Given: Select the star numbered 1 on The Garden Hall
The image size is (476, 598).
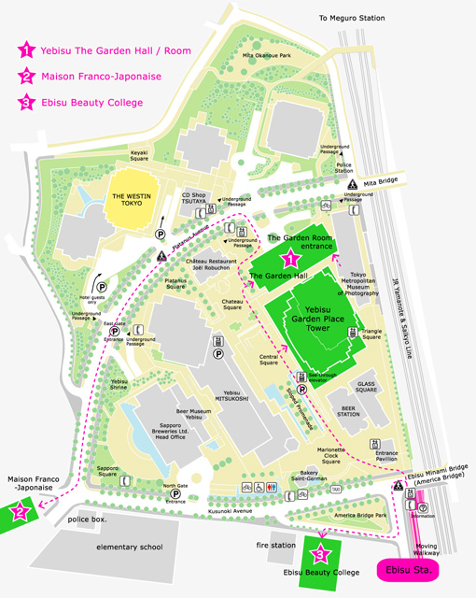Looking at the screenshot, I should point(290,257).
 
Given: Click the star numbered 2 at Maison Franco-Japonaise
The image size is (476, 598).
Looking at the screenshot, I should point(21,511).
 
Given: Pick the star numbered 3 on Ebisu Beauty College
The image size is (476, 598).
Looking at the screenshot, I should point(320,553).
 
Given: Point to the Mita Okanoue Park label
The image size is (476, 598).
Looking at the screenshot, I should point(266,56).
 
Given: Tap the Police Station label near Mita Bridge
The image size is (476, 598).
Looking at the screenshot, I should point(344,166).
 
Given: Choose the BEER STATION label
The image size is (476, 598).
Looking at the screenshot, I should point(347,413).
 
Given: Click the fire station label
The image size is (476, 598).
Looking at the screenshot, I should point(277,545).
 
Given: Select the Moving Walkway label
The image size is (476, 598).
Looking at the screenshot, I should point(426,548).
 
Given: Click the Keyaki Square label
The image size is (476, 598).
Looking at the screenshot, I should point(140,155).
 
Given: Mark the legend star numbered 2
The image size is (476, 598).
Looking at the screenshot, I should point(27,77).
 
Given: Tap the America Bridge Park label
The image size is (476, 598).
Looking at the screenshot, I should point(360,515).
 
